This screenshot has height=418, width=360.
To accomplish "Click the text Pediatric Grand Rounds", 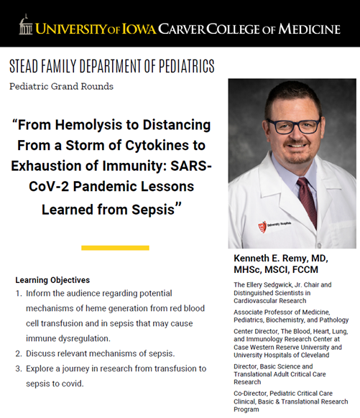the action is (61, 86).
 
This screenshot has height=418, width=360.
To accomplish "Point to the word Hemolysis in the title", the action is (94, 125).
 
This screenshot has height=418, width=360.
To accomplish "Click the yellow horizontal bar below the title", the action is (115, 248).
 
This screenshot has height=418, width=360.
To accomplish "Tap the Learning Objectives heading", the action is (52, 279).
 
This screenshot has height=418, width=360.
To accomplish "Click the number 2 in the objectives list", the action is (18, 353).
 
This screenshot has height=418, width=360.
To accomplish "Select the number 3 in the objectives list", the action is (18, 368).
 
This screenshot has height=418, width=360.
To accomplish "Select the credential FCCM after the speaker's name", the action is (319, 270).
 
